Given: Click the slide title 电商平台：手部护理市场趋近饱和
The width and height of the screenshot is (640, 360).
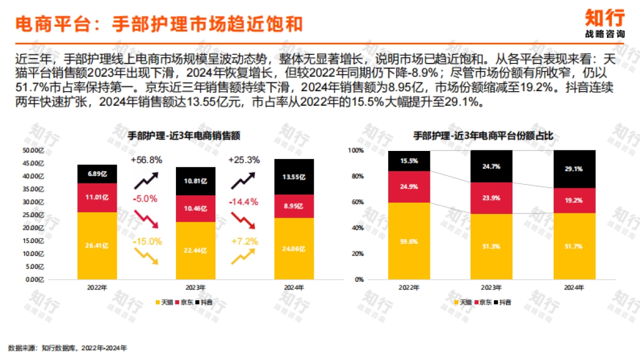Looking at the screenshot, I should tap(158, 24).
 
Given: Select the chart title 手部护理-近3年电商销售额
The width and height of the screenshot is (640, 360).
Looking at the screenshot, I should tap(183, 135).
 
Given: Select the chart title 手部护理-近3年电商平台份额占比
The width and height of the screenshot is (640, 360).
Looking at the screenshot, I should tap(483, 135).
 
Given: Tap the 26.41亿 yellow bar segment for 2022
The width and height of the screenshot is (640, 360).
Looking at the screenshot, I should tap(97, 245).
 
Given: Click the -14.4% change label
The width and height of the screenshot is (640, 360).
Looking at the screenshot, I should tap(243, 202).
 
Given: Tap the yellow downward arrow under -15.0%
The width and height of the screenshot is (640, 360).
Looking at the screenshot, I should tap(146, 257).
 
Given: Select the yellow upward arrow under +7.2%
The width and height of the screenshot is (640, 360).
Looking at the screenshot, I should tap(243, 257).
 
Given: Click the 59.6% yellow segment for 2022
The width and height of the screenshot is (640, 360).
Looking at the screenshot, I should tap(409, 241).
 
